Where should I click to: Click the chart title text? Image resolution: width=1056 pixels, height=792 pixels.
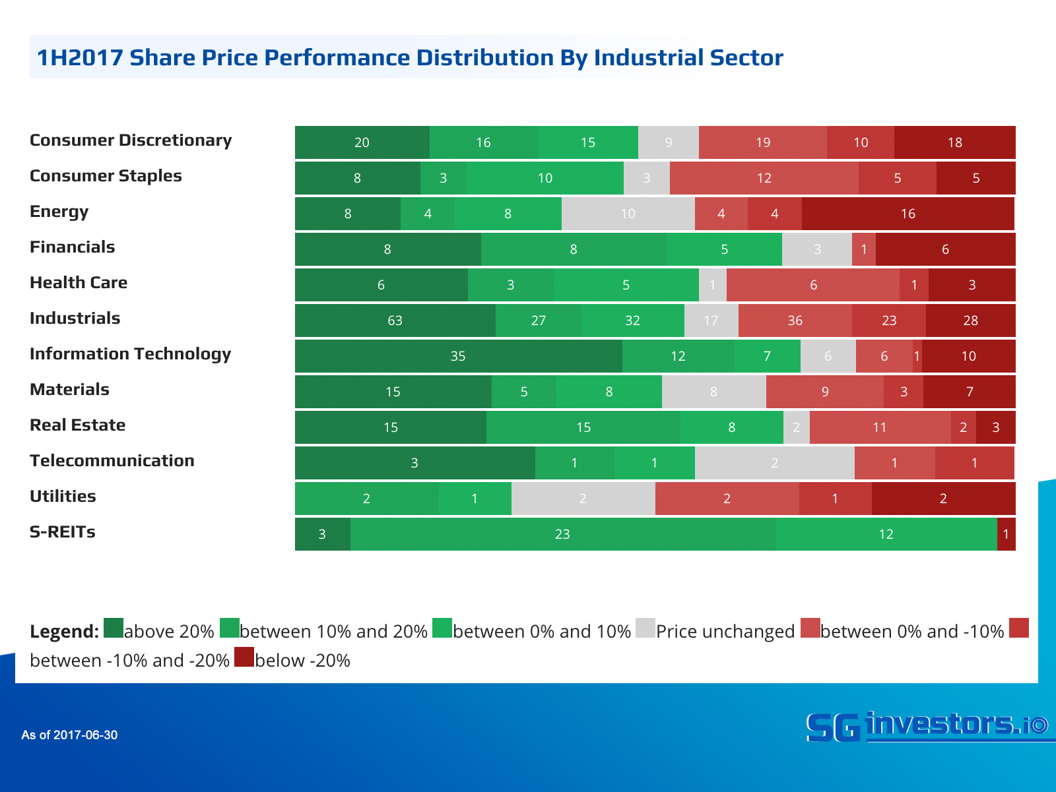(x=410, y=57)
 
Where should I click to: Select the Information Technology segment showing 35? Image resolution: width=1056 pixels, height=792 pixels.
(x=458, y=356)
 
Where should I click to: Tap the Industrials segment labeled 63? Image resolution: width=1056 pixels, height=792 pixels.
(x=395, y=320)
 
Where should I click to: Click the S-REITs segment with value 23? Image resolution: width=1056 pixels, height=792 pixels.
(x=562, y=534)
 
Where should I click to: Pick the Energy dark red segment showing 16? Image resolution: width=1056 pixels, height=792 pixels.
(x=908, y=214)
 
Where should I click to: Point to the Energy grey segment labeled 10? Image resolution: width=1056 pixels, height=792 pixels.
(x=628, y=214)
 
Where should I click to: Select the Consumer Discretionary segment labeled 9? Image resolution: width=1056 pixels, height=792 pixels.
(x=668, y=142)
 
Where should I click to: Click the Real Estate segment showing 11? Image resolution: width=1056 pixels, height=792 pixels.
(x=880, y=427)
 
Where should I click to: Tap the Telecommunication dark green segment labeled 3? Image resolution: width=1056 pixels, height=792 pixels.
(x=414, y=463)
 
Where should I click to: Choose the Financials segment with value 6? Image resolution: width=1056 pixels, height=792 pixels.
(x=945, y=249)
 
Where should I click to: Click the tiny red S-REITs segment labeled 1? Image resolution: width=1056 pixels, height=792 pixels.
(x=1006, y=534)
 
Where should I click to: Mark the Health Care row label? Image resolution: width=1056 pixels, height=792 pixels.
(x=79, y=283)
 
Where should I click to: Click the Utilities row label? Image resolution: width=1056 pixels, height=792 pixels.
(x=63, y=497)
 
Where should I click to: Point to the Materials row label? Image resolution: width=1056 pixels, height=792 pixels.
(x=69, y=390)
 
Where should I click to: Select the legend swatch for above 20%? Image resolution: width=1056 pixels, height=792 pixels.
(x=114, y=628)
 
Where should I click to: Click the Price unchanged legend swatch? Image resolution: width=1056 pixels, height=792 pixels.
(x=645, y=628)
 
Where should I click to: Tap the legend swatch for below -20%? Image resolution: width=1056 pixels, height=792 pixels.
(x=244, y=657)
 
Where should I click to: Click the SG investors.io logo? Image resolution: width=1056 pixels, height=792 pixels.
(x=927, y=726)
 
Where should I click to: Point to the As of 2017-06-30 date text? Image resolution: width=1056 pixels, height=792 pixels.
(x=69, y=735)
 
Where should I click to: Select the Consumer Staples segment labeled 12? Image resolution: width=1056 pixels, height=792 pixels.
(x=764, y=178)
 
